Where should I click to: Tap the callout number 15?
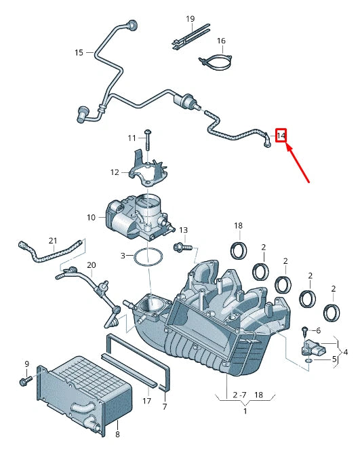point(79,52)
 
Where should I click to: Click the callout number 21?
point(53,241)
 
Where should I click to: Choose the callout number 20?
point(92,265)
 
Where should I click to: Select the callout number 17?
point(146,401)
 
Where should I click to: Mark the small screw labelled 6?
point(305,330)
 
